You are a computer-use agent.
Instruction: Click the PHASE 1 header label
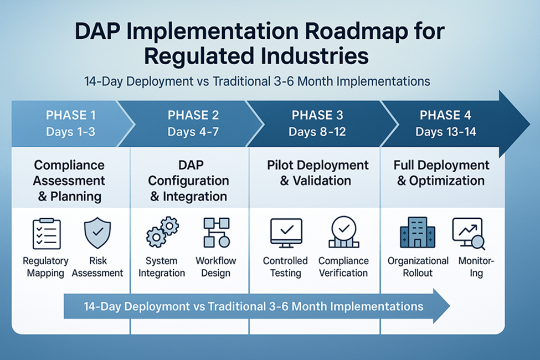click(71, 116)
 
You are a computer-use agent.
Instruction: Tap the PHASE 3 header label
click(317, 116)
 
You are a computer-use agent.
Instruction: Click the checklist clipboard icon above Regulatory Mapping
click(47, 234)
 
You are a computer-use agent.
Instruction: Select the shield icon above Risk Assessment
click(97, 234)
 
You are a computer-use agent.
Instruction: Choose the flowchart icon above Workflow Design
click(216, 233)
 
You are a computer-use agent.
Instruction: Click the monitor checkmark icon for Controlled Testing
click(286, 233)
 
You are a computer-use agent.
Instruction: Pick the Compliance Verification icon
click(343, 233)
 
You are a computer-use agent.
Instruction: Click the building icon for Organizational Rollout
click(418, 233)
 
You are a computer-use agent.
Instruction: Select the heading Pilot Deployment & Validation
click(317, 173)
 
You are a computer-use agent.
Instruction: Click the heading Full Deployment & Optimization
click(441, 173)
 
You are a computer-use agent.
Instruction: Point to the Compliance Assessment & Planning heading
click(69, 181)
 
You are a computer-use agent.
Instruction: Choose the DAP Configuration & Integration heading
click(188, 181)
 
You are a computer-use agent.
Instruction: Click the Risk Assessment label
click(97, 266)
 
